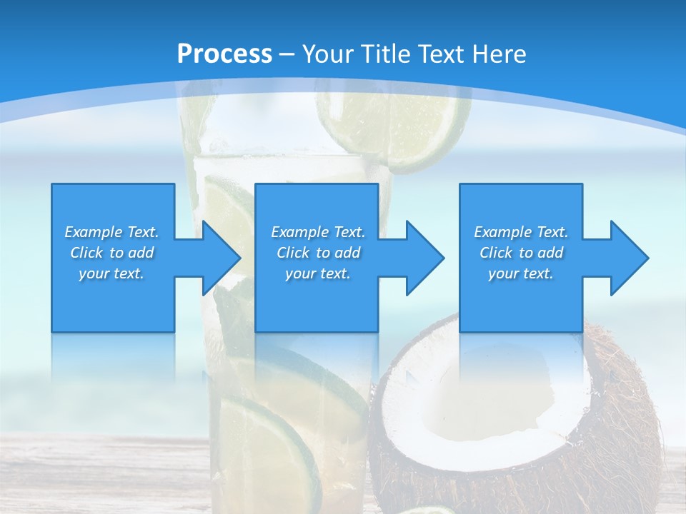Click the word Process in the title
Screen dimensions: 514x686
[224, 54]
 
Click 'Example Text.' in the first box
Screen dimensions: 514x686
[111, 232]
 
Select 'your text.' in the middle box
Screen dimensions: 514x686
[317, 273]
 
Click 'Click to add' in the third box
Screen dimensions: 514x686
[522, 253]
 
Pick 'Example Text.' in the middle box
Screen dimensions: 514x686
[318, 232]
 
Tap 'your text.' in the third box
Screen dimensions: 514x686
[521, 273]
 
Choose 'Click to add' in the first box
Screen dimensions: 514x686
[112, 253]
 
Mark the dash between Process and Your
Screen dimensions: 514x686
[287, 54]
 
